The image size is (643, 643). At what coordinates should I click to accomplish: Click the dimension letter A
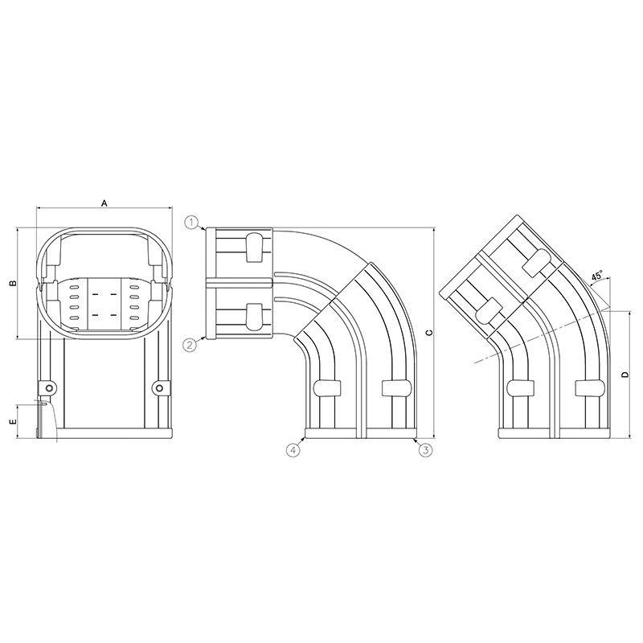point(104,203)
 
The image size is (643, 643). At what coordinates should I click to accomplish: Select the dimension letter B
point(11,285)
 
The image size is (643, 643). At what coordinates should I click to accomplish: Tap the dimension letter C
point(428,332)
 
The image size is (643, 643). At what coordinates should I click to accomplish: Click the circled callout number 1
point(191,221)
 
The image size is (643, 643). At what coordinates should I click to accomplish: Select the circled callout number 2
point(190,346)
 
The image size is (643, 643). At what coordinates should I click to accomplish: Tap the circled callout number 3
point(427,450)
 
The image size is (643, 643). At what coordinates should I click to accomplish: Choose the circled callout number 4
point(293,450)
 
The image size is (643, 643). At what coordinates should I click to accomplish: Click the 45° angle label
point(597,276)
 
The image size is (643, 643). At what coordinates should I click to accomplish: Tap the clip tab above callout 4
point(323,387)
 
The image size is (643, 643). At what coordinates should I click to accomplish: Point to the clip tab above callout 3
point(394,387)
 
